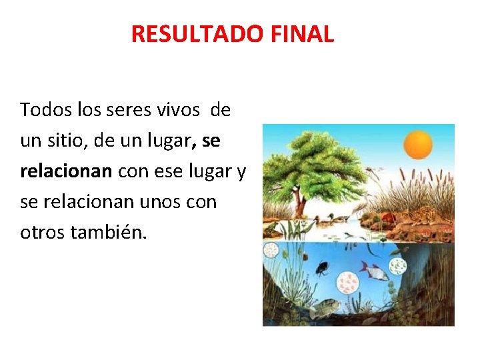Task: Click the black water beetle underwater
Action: (322, 268)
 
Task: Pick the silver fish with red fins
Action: (375, 271)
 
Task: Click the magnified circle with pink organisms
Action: (347, 283)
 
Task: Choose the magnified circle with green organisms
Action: (398, 267)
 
